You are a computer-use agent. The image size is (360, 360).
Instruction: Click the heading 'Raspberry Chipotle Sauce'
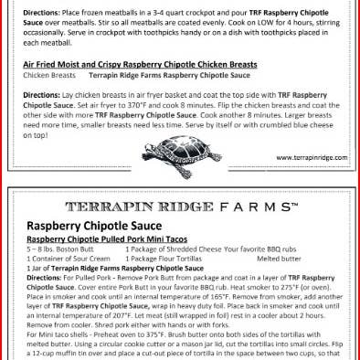(x=94, y=225)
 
